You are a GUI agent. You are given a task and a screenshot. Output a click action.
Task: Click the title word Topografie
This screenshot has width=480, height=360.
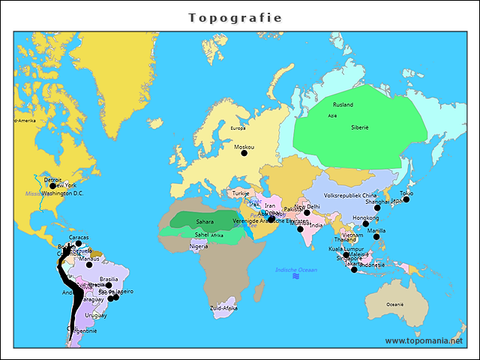(x=235, y=17)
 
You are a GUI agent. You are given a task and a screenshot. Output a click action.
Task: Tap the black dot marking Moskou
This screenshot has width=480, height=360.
(x=244, y=153)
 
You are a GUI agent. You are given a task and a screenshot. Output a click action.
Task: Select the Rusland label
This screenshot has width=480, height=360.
(x=343, y=105)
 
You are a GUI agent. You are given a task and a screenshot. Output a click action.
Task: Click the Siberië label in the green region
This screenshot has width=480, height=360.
(x=360, y=127)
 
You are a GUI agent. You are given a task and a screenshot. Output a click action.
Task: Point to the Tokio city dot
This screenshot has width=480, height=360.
(x=406, y=199)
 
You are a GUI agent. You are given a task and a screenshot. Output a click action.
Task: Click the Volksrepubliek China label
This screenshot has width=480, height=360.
(x=350, y=195)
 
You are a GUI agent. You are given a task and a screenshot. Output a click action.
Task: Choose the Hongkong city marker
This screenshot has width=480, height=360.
(x=365, y=223)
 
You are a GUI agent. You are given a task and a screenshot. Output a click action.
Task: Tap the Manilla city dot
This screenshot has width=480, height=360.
(x=376, y=237)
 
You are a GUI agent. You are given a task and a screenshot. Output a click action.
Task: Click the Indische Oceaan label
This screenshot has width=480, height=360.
(x=296, y=270)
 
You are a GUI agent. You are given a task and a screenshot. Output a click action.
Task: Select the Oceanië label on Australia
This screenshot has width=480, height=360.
(x=394, y=304)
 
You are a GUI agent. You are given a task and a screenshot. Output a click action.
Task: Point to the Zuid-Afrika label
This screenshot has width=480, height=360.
(x=223, y=308)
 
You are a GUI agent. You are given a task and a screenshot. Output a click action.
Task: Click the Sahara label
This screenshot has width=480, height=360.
(x=205, y=222)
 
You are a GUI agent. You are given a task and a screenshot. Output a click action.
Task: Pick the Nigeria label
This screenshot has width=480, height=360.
(x=199, y=246)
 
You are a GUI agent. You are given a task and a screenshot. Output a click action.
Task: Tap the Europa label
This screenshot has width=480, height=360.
(x=238, y=128)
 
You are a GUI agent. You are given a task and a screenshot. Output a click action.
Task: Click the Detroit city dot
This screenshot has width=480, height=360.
(x=52, y=186)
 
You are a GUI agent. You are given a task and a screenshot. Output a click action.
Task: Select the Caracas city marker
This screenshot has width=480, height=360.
(x=79, y=243)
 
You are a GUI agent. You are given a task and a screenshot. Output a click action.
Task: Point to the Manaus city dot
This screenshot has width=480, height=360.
(x=89, y=265)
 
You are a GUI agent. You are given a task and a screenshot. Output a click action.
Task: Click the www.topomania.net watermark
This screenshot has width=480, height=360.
(x=424, y=340)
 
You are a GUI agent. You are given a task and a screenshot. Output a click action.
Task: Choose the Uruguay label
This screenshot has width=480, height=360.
(x=95, y=315)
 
